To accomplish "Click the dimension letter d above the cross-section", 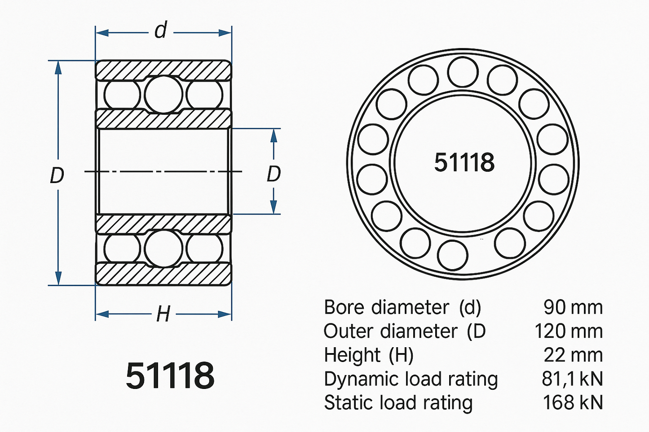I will pyautogui.click(x=161, y=31).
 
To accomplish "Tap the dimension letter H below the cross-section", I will pyautogui.click(x=163, y=314).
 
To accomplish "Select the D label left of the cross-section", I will pyautogui.click(x=57, y=175).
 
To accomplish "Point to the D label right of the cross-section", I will pyautogui.click(x=274, y=174).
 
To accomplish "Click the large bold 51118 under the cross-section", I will pyautogui.click(x=170, y=375).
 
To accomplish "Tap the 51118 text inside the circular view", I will pyautogui.click(x=464, y=162).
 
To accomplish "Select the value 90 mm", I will pyautogui.click(x=573, y=308).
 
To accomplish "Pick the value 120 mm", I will pyautogui.click(x=568, y=332).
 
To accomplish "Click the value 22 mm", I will pyautogui.click(x=573, y=355).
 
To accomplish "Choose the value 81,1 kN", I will pyautogui.click(x=572, y=379).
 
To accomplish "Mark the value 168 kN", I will pyautogui.click(x=573, y=402).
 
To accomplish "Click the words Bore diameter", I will pyautogui.click(x=386, y=308).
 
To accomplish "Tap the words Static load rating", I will pyautogui.click(x=398, y=402).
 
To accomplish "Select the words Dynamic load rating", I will pyautogui.click(x=411, y=379).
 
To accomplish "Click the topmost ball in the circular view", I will pyautogui.click(x=463, y=72).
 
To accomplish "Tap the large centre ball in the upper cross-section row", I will pyautogui.click(x=163, y=94).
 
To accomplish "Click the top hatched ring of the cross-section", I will pyautogui.click(x=163, y=70).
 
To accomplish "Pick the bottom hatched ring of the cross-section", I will pyautogui.click(x=163, y=274).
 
